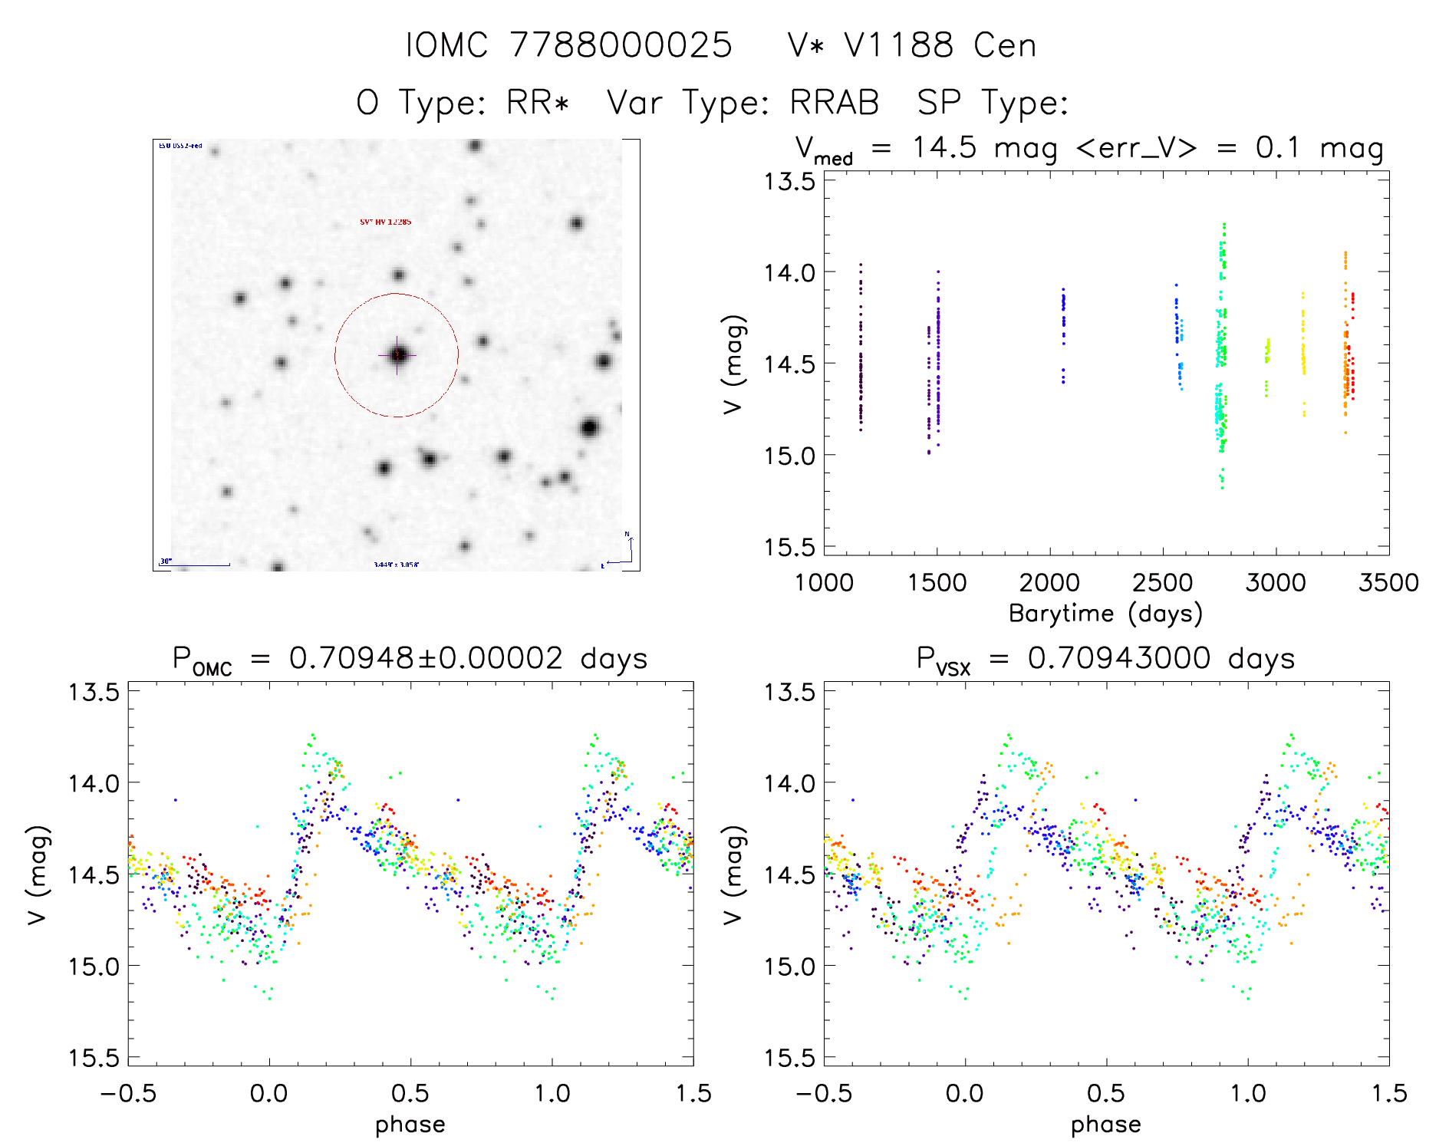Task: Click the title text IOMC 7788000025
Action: click(568, 45)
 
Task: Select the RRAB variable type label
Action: click(835, 103)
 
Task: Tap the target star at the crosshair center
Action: click(397, 354)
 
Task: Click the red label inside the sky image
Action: click(385, 222)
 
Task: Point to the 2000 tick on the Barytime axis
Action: click(1049, 583)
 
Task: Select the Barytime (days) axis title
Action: click(1105, 614)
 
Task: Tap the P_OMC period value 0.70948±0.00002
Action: click(426, 658)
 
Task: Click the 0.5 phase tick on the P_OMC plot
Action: click(410, 1093)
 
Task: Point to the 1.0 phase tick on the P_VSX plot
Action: click(1248, 1093)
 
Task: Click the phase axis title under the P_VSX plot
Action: click(1105, 1125)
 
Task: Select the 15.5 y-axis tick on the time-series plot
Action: click(789, 547)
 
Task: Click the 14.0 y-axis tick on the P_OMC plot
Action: click(94, 783)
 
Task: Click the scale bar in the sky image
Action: click(195, 565)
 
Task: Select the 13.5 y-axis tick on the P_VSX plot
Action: click(789, 692)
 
